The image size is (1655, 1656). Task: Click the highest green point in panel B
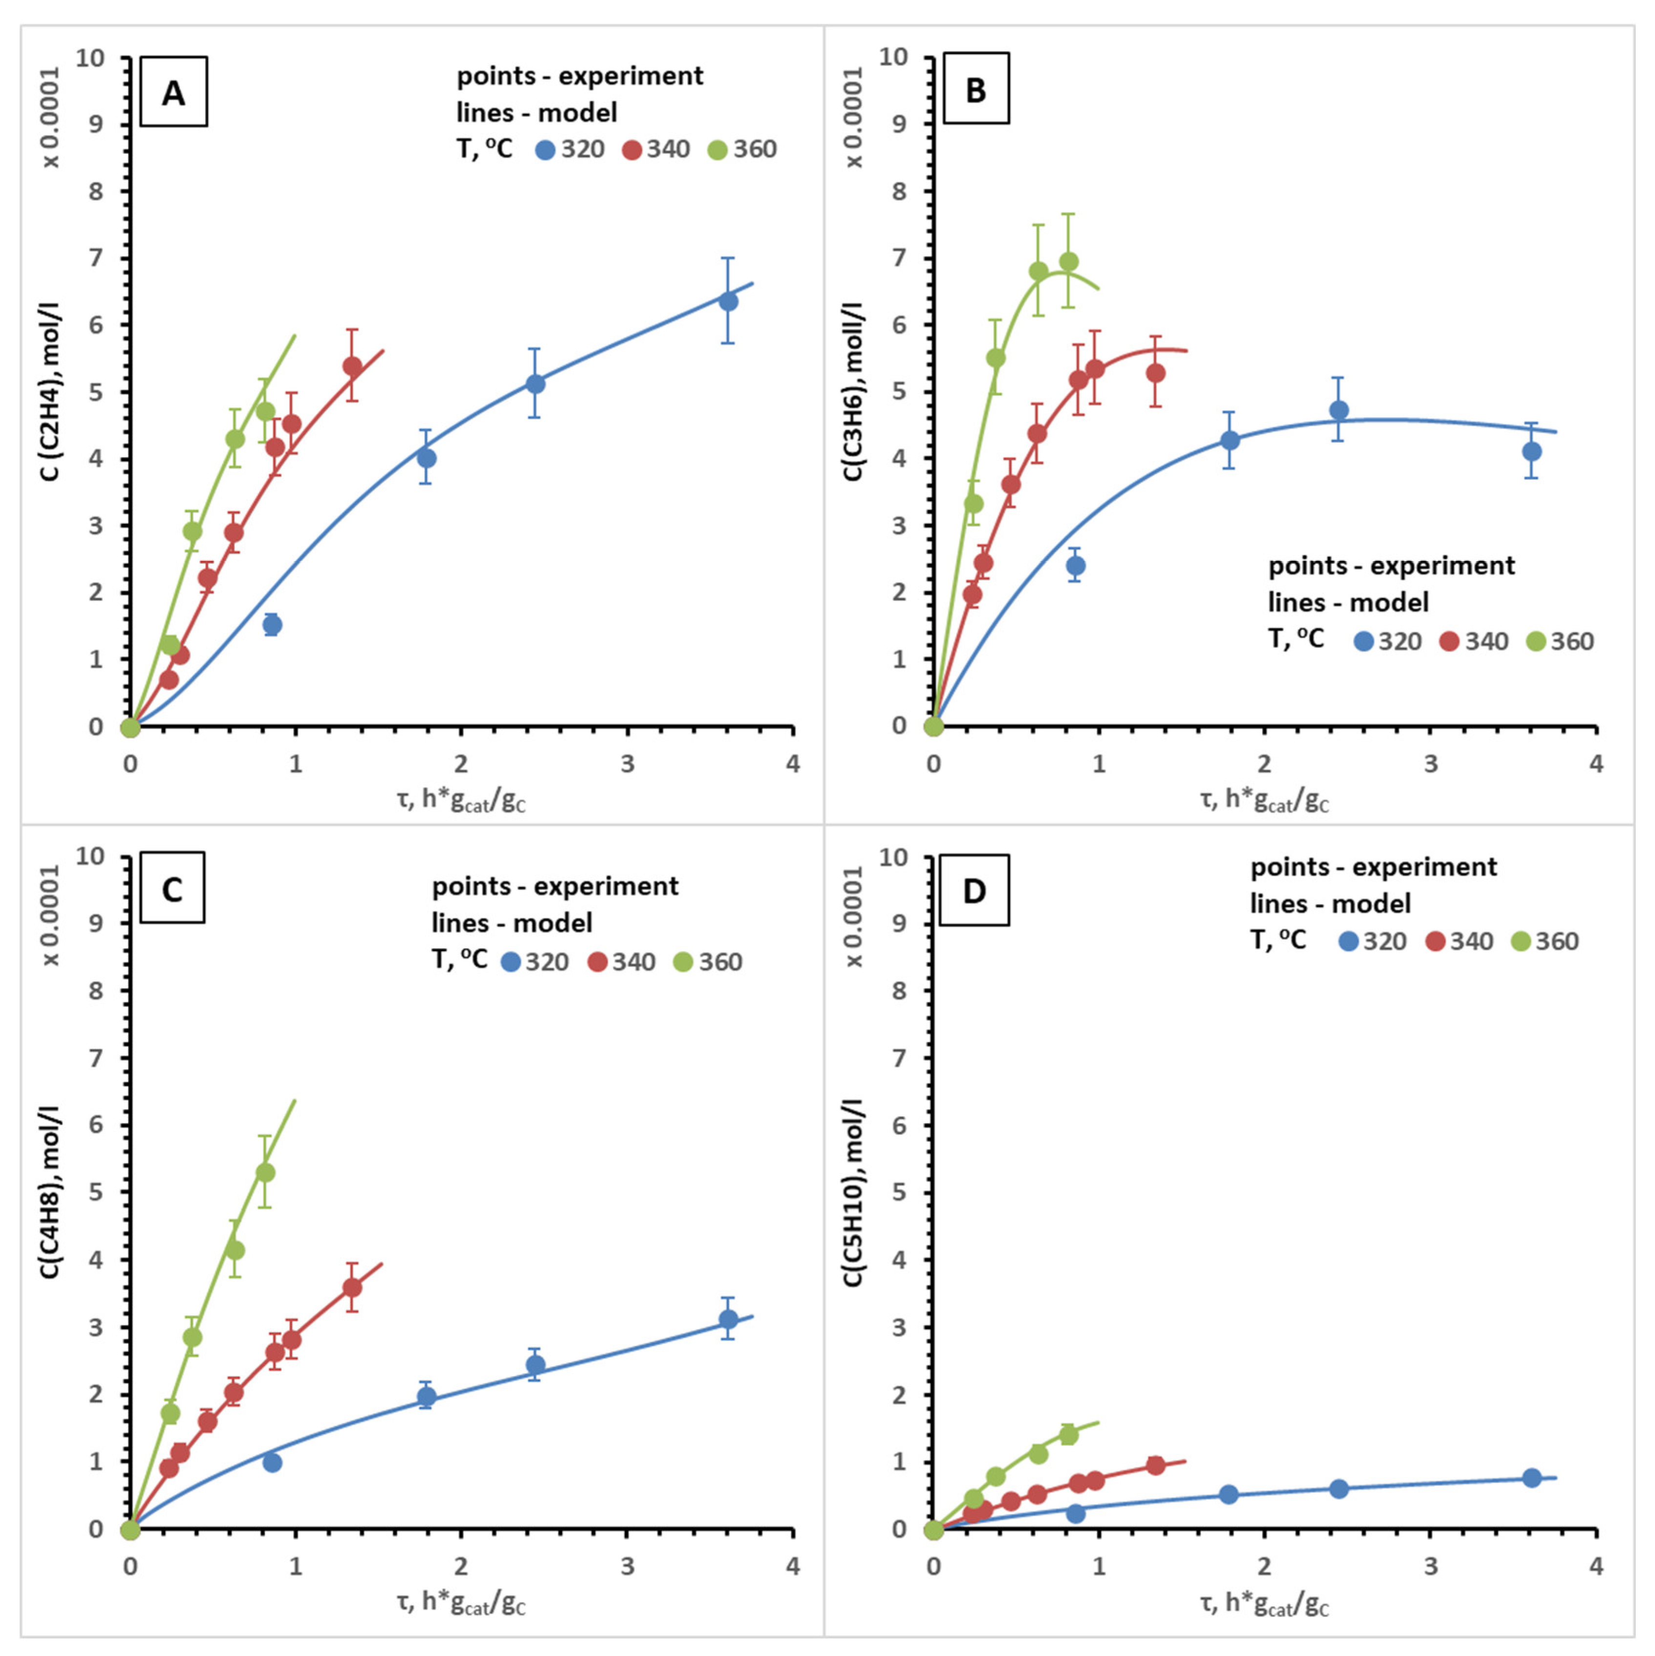tap(1068, 261)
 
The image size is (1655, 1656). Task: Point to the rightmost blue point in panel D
tap(1531, 1478)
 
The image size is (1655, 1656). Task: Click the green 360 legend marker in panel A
tap(718, 150)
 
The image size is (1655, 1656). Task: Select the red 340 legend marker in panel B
tap(1449, 642)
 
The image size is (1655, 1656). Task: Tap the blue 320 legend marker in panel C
tap(511, 962)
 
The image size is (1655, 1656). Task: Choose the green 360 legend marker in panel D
tap(1521, 942)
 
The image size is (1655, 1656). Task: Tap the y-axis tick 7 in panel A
tap(95, 258)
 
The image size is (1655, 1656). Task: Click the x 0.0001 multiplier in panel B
tap(853, 118)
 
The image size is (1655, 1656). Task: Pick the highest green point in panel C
tap(266, 1172)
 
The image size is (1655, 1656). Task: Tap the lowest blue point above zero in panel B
tap(1075, 566)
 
